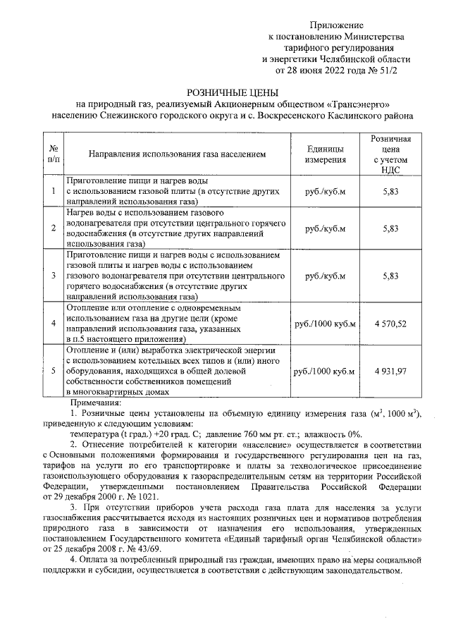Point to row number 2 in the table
53,228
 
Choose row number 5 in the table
53,371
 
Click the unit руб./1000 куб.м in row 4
325,323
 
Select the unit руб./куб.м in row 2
325,228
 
